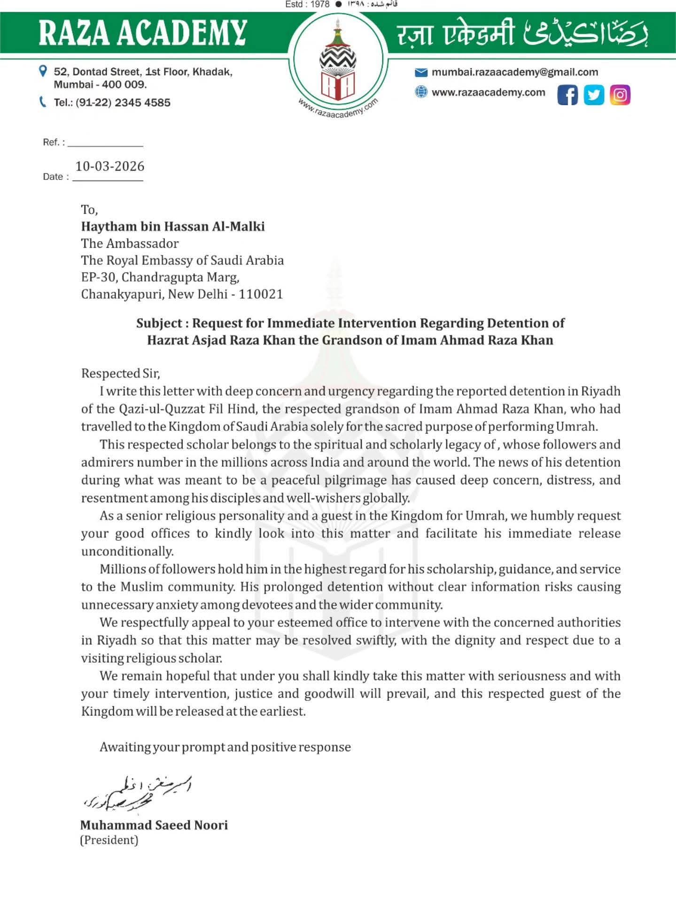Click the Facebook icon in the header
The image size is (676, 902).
point(567,95)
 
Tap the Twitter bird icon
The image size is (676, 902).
point(594,95)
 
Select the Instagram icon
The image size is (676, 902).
point(620,95)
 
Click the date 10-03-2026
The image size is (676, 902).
point(110,166)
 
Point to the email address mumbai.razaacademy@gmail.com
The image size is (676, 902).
point(515,72)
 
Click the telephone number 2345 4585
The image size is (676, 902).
point(142,103)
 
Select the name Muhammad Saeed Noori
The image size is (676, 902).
point(154,825)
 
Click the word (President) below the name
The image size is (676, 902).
point(109,840)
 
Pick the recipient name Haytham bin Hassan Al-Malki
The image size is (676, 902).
point(173,226)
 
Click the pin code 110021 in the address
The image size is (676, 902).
point(261,295)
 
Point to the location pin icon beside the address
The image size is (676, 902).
point(43,71)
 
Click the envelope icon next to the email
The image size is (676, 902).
point(421,72)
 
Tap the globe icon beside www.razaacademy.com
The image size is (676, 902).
point(421,92)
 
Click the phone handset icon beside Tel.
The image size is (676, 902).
point(43,102)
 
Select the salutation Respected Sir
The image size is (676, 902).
point(120,373)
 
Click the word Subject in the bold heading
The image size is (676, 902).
point(159,323)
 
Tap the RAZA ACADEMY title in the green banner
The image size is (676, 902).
point(143,33)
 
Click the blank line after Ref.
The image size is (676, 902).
point(105,143)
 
